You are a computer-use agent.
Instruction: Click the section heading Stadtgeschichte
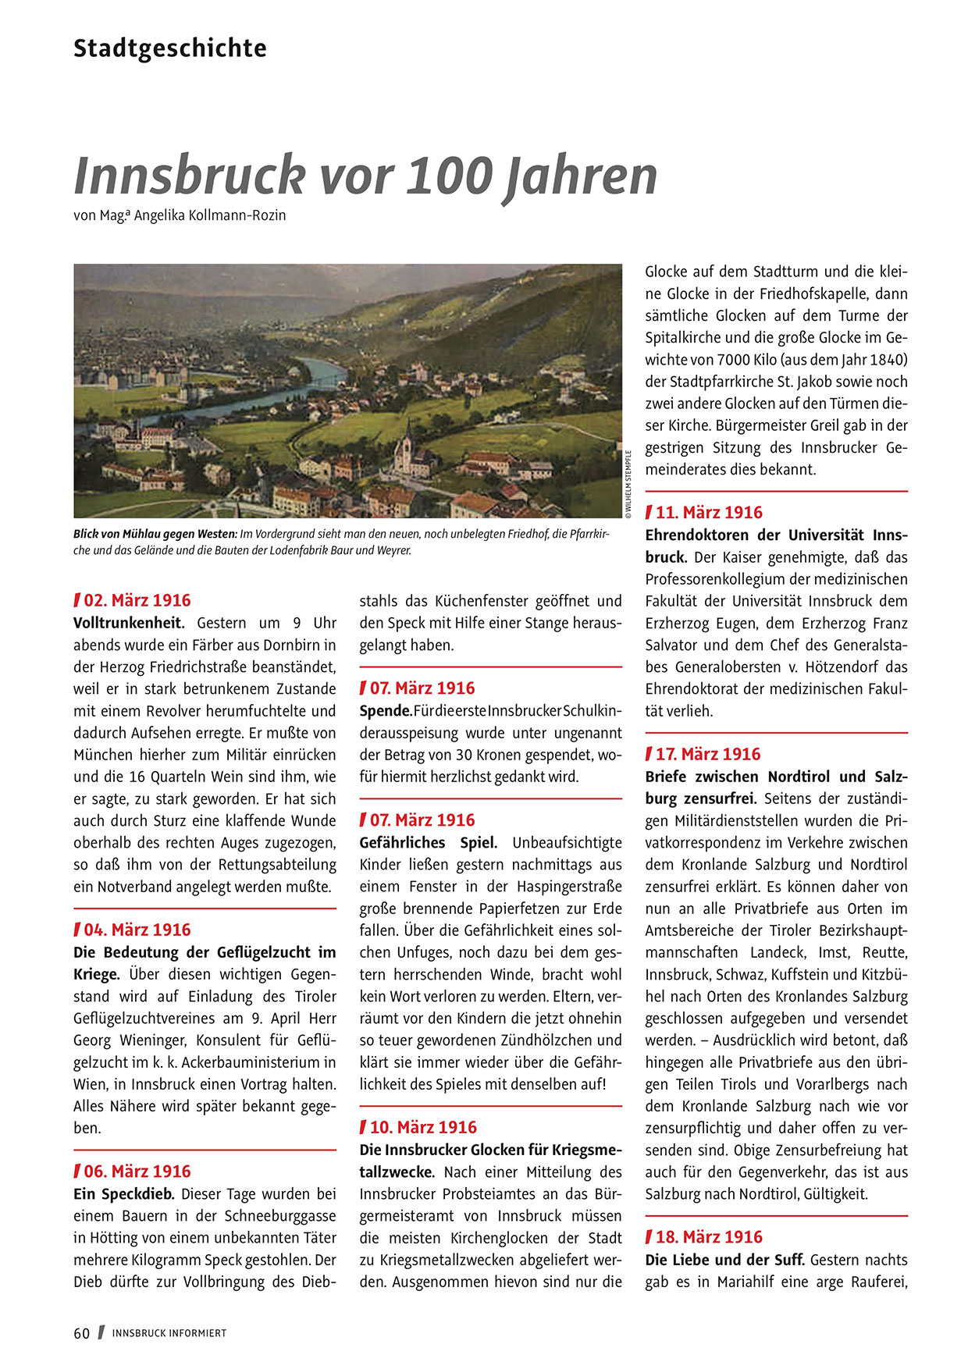click(x=169, y=48)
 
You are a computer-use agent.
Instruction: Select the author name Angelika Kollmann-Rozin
click(x=210, y=215)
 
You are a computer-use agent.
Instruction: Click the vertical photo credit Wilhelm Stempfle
click(x=628, y=484)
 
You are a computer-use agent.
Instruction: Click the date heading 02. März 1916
click(x=137, y=600)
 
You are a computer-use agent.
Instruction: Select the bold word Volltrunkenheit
click(x=129, y=623)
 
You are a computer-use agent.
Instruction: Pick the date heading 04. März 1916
click(x=137, y=930)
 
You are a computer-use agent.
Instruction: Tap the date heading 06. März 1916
click(x=137, y=1172)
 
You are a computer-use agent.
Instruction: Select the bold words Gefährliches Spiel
click(x=428, y=843)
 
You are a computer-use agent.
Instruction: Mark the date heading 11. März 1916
click(x=709, y=512)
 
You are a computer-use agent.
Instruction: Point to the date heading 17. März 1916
click(x=708, y=754)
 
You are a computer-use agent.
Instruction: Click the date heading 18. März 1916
click(x=709, y=1237)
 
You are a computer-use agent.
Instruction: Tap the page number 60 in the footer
click(x=82, y=1333)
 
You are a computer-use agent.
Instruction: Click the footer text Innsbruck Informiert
click(x=169, y=1333)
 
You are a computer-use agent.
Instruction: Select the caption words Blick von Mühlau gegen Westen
click(x=155, y=534)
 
